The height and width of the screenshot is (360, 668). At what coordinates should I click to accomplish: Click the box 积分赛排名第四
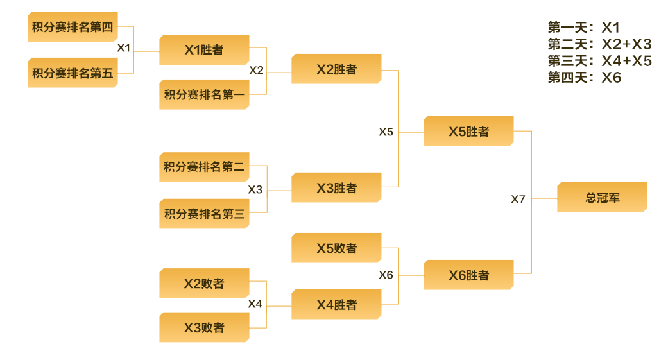[73, 27]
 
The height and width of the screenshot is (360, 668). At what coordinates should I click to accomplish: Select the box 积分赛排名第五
[73, 73]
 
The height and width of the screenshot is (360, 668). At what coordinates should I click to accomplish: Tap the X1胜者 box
[204, 50]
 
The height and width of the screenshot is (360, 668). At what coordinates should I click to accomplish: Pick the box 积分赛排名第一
[204, 95]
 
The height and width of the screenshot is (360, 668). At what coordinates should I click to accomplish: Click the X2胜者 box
[336, 69]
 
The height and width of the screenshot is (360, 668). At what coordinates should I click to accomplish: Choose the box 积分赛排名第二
[204, 167]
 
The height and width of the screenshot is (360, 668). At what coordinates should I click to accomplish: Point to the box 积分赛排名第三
[204, 214]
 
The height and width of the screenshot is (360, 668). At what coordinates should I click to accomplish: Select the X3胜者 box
[336, 188]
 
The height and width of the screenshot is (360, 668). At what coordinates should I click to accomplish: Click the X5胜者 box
[468, 132]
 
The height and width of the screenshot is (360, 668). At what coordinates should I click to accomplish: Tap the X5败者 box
[336, 248]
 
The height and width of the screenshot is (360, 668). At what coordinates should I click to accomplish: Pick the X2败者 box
[204, 284]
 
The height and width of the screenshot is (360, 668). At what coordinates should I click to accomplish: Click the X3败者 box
[204, 328]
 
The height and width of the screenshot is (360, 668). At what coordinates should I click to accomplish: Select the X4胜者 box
[336, 305]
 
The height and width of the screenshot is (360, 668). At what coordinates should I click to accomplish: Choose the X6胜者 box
[468, 275]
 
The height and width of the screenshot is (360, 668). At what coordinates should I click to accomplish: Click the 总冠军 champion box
[602, 198]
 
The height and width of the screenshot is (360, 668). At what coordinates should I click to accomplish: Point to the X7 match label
[518, 199]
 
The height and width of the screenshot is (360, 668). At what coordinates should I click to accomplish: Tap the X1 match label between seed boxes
[124, 47]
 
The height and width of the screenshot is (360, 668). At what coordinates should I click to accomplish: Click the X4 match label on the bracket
[255, 304]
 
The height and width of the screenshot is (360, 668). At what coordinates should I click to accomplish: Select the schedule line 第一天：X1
[584, 28]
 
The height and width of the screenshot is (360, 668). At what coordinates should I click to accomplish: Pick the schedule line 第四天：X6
[585, 78]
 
